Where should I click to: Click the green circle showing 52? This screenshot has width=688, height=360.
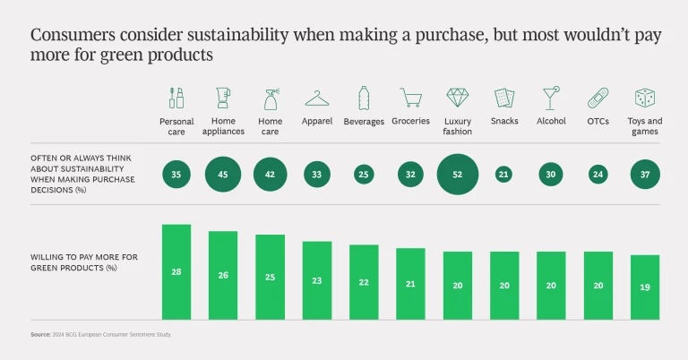coord(458,174)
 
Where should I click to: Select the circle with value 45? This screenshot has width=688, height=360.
coord(223,174)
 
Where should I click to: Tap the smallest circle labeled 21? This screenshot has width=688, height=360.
coord(504,174)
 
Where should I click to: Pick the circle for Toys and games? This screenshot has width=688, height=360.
coord(645,174)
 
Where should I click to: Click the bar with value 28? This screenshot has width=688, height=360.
coord(176,271)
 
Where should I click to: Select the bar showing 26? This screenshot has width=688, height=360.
coord(223,275)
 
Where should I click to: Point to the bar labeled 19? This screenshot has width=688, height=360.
coord(645,287)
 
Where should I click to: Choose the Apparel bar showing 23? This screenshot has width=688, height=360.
coord(317,279)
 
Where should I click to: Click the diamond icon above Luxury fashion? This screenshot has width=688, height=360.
coord(458,97)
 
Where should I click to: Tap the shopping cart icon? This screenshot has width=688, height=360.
coord(411,97)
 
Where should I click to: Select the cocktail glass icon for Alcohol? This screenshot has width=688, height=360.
coord(551,97)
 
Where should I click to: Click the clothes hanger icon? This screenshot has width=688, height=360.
coord(317,97)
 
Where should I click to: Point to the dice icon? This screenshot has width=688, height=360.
coord(645,97)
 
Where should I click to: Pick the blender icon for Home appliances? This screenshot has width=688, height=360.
coord(223,97)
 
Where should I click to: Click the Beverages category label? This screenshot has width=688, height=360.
coord(364,121)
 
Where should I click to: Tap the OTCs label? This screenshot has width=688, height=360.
coord(598,121)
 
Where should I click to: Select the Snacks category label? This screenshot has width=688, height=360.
coord(504,121)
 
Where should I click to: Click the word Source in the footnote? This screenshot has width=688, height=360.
coord(39,334)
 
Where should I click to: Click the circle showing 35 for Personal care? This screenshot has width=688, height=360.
coord(176,174)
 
